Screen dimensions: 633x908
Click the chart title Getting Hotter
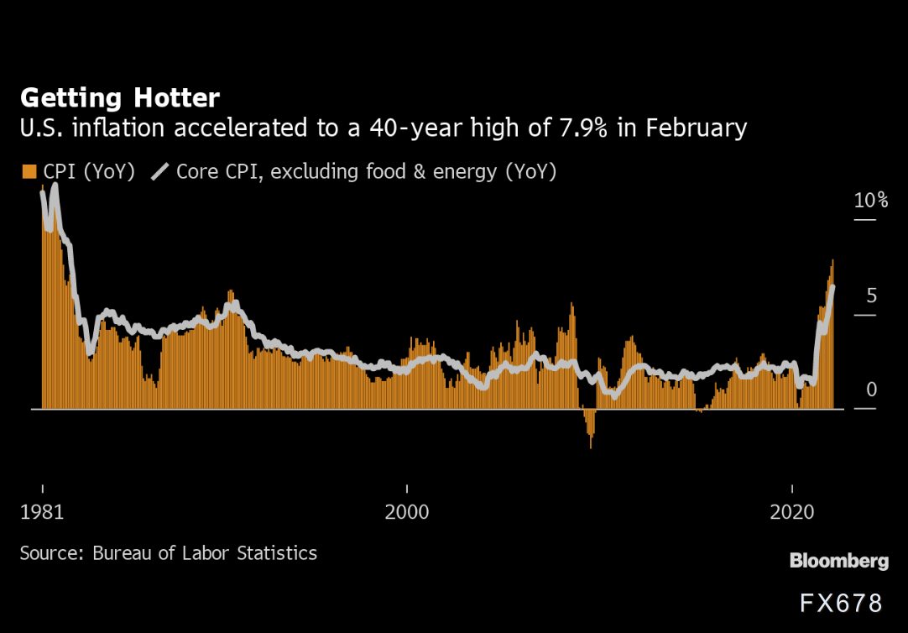point(120,98)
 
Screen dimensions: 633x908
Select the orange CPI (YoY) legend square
point(29,172)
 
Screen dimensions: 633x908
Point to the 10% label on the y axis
point(870,200)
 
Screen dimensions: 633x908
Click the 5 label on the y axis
point(871,296)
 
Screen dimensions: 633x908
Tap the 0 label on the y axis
point(871,390)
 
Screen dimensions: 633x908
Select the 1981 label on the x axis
point(42,512)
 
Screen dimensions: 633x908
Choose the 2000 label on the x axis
point(407,512)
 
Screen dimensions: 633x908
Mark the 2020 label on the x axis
point(793,512)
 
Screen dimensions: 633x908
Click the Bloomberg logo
point(839,561)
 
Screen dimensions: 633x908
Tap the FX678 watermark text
point(841,603)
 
